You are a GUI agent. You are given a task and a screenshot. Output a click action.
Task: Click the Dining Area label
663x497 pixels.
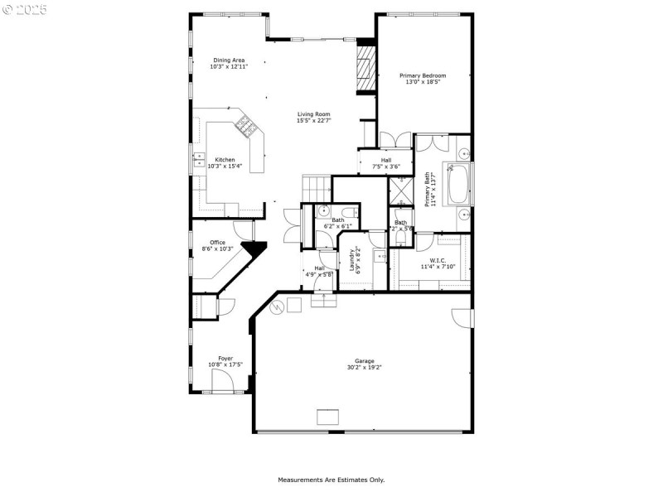point(229,60)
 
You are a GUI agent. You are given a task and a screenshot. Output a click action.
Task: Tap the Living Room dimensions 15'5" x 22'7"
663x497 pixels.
point(314,121)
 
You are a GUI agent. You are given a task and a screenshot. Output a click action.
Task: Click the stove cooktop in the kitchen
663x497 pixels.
point(245,127)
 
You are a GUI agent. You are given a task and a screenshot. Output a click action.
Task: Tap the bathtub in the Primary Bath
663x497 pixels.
point(458,185)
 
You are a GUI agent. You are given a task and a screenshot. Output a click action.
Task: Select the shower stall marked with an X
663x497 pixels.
point(400,191)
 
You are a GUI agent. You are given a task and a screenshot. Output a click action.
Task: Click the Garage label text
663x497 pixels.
point(365,360)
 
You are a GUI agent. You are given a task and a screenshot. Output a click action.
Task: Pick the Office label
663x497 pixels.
point(217,243)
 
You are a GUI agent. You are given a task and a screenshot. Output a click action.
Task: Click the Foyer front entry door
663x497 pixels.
point(222,382)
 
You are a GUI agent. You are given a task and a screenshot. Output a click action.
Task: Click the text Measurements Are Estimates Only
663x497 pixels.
point(331,480)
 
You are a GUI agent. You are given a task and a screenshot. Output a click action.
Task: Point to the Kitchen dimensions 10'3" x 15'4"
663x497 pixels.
point(225,166)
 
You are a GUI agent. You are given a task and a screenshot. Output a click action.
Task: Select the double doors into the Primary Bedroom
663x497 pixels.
point(394,141)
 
